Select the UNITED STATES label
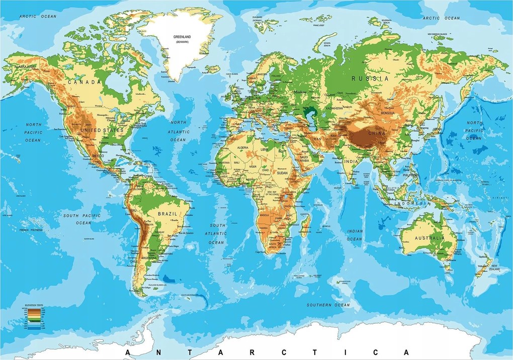[101, 130]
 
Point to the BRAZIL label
[167, 214]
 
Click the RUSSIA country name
[371, 78]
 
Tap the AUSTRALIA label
[429, 238]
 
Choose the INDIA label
[351, 161]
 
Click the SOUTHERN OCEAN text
[328, 305]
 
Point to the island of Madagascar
[305, 223]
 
